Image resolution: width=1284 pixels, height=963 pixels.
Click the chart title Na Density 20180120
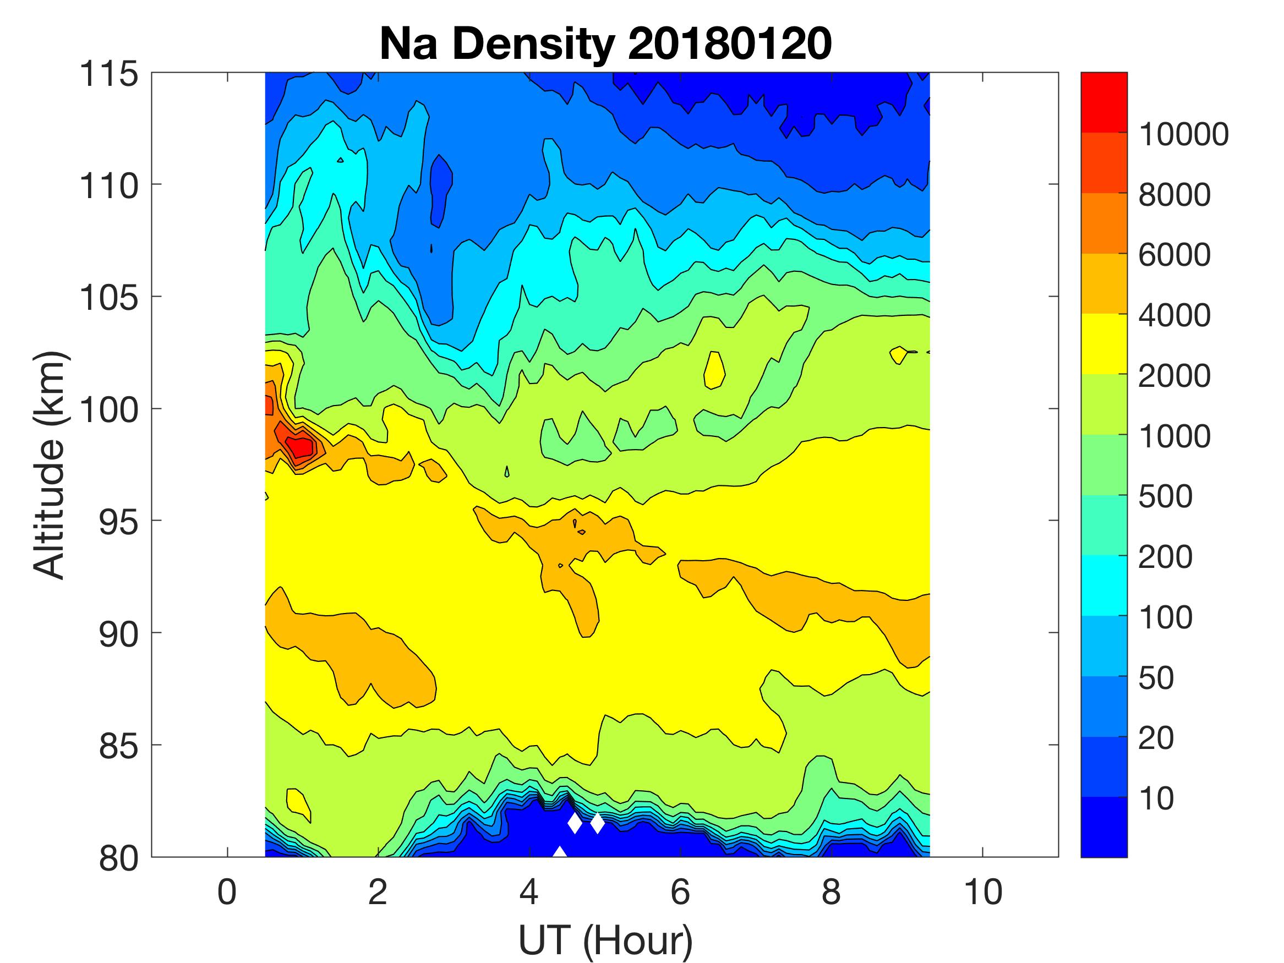click(605, 45)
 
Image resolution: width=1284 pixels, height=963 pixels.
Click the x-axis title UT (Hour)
click(605, 940)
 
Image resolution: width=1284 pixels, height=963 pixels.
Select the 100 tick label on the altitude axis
click(108, 410)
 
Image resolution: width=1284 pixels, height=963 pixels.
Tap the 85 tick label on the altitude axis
click(119, 746)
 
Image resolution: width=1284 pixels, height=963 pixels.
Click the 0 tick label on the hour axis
click(227, 892)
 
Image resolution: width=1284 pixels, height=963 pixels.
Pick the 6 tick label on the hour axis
click(680, 892)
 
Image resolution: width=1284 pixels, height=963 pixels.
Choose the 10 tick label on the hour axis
click(983, 892)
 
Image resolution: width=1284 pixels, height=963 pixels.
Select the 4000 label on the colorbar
click(1174, 316)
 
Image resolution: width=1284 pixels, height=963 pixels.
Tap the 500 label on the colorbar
click(1165, 497)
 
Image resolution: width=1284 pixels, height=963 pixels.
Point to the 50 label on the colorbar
click(1156, 678)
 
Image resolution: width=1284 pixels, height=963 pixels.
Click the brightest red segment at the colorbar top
click(1103, 102)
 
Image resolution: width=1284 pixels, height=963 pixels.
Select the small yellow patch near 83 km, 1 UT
click(298, 802)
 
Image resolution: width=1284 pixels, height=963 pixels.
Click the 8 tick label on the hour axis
click(831, 892)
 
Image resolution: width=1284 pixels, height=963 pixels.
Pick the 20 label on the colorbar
click(1156, 738)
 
